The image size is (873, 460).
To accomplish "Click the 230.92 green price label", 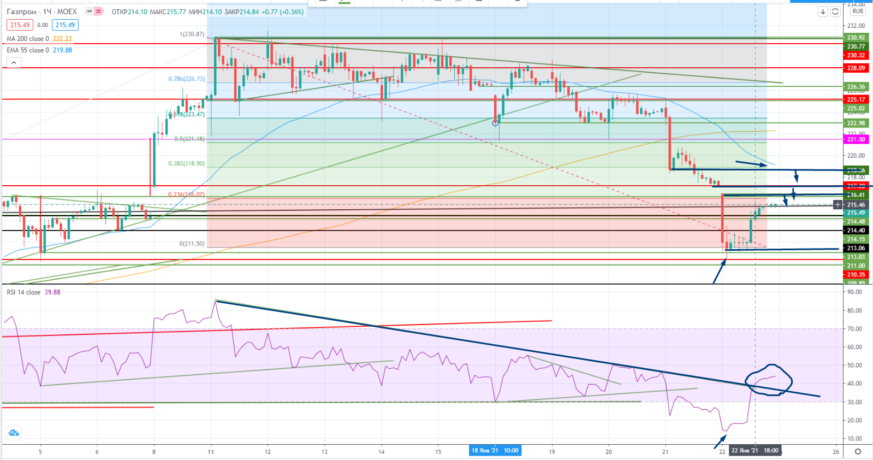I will [856, 38].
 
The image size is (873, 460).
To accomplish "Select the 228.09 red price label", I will [856, 68].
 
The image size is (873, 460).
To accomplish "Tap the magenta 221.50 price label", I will [856, 140].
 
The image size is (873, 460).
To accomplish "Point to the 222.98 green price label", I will [856, 123].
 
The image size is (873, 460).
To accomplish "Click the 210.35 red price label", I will [856, 275].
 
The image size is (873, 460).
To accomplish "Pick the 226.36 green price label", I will [856, 87].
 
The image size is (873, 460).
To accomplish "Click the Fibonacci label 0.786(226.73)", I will [186, 79].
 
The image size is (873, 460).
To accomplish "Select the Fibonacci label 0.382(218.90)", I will [186, 164].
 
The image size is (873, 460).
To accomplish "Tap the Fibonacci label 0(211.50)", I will [192, 244].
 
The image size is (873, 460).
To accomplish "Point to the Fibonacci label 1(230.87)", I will [192, 34].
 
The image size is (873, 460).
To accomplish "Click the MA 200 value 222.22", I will [62, 39].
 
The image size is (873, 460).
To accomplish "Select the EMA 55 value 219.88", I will [62, 50].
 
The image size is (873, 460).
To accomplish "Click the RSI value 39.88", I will [52, 292].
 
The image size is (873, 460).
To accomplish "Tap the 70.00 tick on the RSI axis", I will [854, 329].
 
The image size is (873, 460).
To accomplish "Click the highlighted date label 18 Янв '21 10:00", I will [495, 451].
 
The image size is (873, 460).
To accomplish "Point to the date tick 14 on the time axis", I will [381, 452].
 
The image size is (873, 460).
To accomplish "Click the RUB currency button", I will [858, 11].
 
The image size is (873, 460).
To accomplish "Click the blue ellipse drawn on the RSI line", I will [769, 379].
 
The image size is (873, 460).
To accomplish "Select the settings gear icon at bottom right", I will [858, 451].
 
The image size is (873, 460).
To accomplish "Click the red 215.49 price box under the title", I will [20, 25].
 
